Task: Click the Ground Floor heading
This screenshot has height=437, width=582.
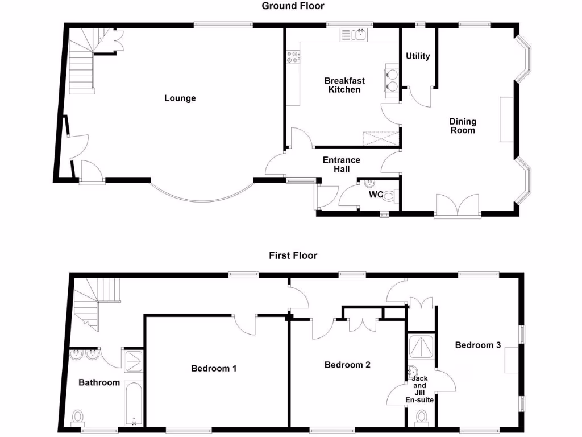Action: [x=293, y=6]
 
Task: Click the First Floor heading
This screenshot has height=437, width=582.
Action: [x=293, y=255]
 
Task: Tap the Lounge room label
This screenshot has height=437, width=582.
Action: [x=180, y=98]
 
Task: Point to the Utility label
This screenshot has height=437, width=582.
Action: [x=418, y=56]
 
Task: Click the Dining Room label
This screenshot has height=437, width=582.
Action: [x=463, y=126]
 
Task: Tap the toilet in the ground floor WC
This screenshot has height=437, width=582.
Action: [x=390, y=197]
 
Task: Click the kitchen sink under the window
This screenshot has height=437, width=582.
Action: [x=354, y=35]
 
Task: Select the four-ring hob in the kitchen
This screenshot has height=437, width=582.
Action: [x=293, y=57]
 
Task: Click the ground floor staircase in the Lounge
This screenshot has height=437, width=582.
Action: [x=81, y=63]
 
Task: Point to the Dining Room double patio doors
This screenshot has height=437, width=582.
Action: [x=458, y=206]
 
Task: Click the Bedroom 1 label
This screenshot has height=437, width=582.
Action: [x=214, y=368]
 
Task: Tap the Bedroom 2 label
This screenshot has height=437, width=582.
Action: [x=347, y=365]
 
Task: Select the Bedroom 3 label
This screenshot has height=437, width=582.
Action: [x=477, y=345]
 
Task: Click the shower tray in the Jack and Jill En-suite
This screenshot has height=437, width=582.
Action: [x=421, y=347]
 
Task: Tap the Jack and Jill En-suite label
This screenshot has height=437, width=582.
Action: [x=420, y=389]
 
